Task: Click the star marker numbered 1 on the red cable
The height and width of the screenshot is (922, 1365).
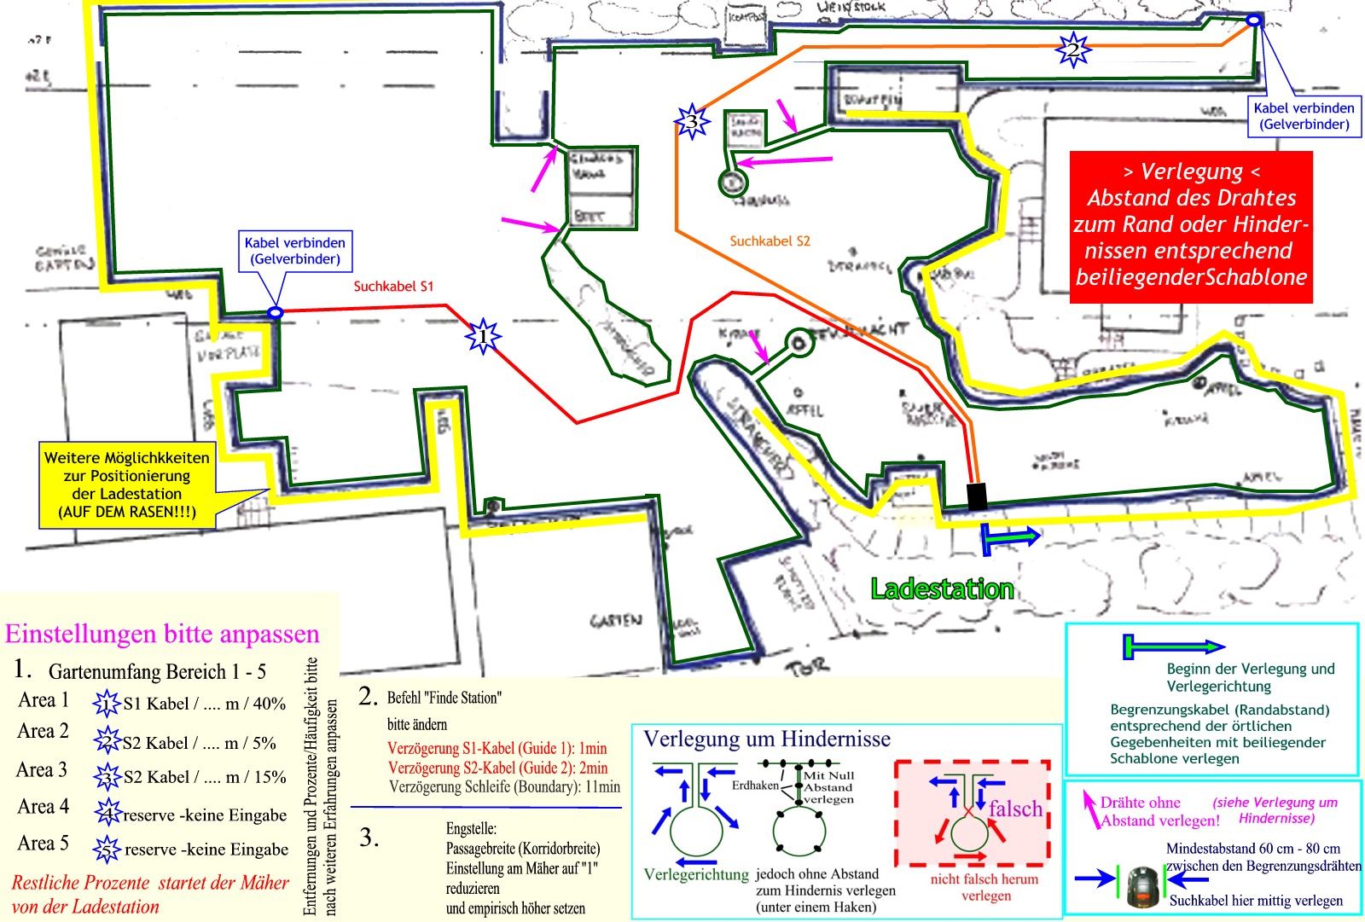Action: tap(483, 336)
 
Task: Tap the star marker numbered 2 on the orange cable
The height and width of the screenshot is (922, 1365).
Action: tap(1072, 49)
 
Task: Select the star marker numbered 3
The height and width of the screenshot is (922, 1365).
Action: tap(692, 122)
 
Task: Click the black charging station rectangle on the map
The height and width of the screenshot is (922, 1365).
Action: tap(977, 496)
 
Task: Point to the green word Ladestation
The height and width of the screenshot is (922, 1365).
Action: tap(942, 589)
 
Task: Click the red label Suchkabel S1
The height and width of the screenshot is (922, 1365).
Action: tap(393, 287)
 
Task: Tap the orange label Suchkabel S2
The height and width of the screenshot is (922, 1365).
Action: tap(770, 241)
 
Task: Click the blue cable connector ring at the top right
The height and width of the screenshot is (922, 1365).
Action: tap(1254, 20)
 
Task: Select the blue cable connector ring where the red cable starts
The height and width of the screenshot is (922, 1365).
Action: tap(275, 313)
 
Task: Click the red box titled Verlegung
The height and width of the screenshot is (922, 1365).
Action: tap(1191, 227)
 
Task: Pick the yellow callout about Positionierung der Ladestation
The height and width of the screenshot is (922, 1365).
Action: tap(126, 485)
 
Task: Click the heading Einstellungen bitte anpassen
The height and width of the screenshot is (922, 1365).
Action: tap(162, 635)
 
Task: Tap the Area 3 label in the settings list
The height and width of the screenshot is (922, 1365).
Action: tap(42, 770)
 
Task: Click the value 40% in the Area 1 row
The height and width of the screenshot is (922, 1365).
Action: tap(270, 704)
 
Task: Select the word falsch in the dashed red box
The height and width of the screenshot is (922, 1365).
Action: tap(1015, 809)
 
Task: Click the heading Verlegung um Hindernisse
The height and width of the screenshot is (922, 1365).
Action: tap(767, 739)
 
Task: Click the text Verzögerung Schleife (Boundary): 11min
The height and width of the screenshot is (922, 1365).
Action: tap(504, 786)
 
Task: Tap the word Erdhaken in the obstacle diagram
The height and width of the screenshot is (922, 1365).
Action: tap(755, 786)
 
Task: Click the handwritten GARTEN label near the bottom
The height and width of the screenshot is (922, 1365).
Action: tap(615, 621)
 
